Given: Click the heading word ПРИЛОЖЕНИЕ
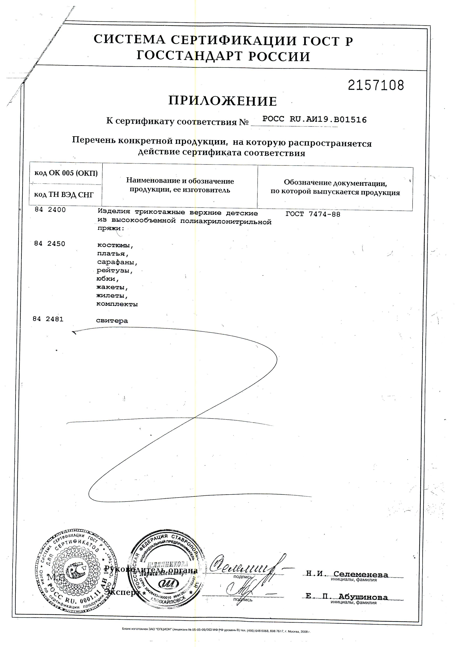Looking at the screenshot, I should pos(222,101).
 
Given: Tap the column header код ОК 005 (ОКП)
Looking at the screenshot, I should pos(66,173).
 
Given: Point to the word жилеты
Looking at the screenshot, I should pos(111,296).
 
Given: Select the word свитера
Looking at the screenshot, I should pos(112,321).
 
